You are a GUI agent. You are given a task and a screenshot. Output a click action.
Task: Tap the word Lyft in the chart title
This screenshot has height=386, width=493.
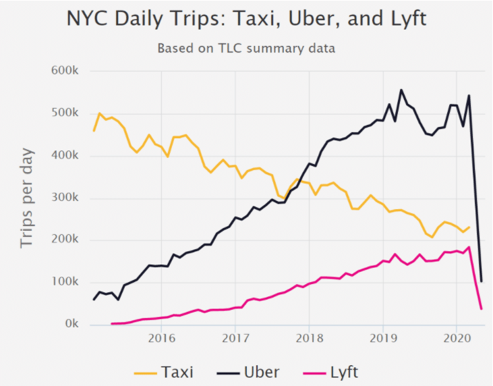pyautogui.click(x=402, y=19)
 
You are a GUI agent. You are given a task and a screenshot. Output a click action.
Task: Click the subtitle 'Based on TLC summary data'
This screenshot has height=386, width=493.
pyautogui.click(x=246, y=49)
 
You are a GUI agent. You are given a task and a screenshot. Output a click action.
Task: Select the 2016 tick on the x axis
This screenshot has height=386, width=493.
pyautogui.click(x=161, y=337)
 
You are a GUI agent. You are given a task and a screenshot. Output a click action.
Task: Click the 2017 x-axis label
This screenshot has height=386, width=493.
pyautogui.click(x=235, y=337)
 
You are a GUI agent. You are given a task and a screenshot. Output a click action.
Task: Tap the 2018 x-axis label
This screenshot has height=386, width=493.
pyautogui.click(x=309, y=337)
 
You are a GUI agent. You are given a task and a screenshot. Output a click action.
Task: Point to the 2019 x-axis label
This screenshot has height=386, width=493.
pyautogui.click(x=383, y=337)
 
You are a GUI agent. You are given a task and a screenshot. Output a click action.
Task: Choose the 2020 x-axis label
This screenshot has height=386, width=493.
pyautogui.click(x=457, y=337)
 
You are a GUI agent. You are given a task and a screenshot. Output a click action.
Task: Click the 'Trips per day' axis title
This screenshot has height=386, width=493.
pyautogui.click(x=27, y=197)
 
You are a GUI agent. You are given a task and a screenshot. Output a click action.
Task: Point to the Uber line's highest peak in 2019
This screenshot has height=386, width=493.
pyautogui.click(x=401, y=90)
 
